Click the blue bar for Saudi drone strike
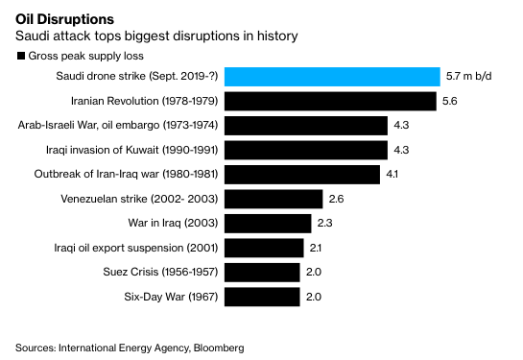coord(332,77)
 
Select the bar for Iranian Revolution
coord(330,101)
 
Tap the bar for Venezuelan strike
coord(273,199)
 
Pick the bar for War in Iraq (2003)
coord(268,224)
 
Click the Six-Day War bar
coord(262,297)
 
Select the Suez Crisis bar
coord(262,273)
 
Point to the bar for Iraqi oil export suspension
coord(264,248)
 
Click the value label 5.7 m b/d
coord(469,76)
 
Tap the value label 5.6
coord(450,101)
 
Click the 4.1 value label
coord(392,174)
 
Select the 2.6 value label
coord(336,199)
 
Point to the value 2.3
coord(325,223)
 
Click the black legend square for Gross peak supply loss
coord(21,56)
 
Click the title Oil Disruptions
coord(64,19)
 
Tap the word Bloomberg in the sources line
coord(219,348)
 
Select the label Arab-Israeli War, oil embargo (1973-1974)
coord(118,125)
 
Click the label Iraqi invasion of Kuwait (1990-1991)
coord(132,150)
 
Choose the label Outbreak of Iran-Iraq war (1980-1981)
coord(126,174)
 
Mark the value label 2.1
coord(316,248)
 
